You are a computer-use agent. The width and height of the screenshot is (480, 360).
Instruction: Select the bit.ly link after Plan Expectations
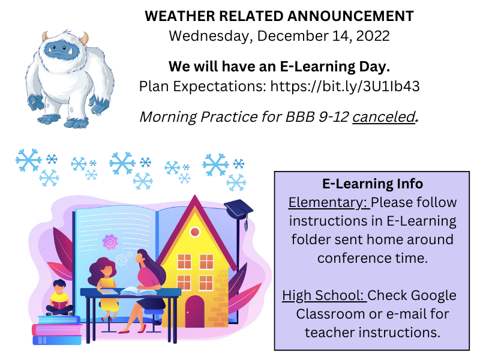pos(345,86)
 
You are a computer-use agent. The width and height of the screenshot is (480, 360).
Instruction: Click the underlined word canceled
pos(384,117)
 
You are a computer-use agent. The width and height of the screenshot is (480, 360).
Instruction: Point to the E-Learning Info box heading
pos(373,184)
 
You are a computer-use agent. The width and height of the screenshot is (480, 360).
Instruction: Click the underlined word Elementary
pos(329,203)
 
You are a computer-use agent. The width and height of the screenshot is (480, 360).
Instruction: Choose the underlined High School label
pos(324,296)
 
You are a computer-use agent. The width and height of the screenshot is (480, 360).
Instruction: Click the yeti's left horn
pos(46,36)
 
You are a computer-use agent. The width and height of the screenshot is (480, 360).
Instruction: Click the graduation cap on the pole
pos(238,209)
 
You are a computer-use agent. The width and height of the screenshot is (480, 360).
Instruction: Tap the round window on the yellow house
pos(194,232)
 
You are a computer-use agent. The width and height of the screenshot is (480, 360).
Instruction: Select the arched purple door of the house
pos(194,311)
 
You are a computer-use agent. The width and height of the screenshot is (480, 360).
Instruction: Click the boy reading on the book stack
pos(59,298)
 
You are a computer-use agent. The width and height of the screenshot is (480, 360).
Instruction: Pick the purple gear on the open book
pos(110,242)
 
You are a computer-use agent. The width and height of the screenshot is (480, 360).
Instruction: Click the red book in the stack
pos(57,330)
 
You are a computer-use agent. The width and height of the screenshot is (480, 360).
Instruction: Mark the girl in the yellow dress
pos(104,288)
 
